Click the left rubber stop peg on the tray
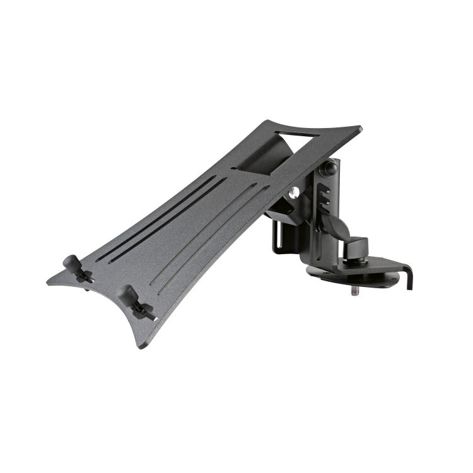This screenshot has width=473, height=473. (71, 262)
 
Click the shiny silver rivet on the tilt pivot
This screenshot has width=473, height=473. (294, 192)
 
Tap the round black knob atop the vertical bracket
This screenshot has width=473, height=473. (329, 169)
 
